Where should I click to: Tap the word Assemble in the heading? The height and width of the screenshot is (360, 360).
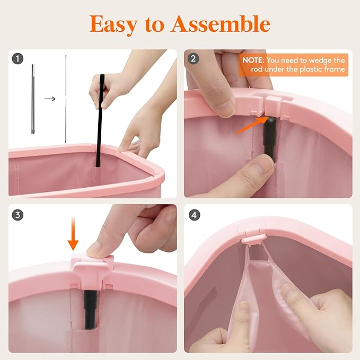click(221, 23)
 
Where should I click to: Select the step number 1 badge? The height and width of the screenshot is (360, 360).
click(17, 59)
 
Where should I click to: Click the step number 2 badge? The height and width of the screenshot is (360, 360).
click(193, 59)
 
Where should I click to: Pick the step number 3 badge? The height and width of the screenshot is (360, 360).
click(17, 215)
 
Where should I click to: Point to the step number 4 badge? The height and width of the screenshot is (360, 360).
click(194, 215)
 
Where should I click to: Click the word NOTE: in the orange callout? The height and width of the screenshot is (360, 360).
click(253, 60)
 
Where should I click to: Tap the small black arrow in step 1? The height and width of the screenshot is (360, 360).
click(50, 99)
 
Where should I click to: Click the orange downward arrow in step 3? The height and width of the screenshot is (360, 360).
click(73, 233)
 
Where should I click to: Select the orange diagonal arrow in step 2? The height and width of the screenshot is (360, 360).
click(252, 125)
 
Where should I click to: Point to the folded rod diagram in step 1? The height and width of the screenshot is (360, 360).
click(33, 99)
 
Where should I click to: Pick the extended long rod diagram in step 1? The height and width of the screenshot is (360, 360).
click(66, 99)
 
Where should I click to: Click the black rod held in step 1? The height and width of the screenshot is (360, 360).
click(100, 120)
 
